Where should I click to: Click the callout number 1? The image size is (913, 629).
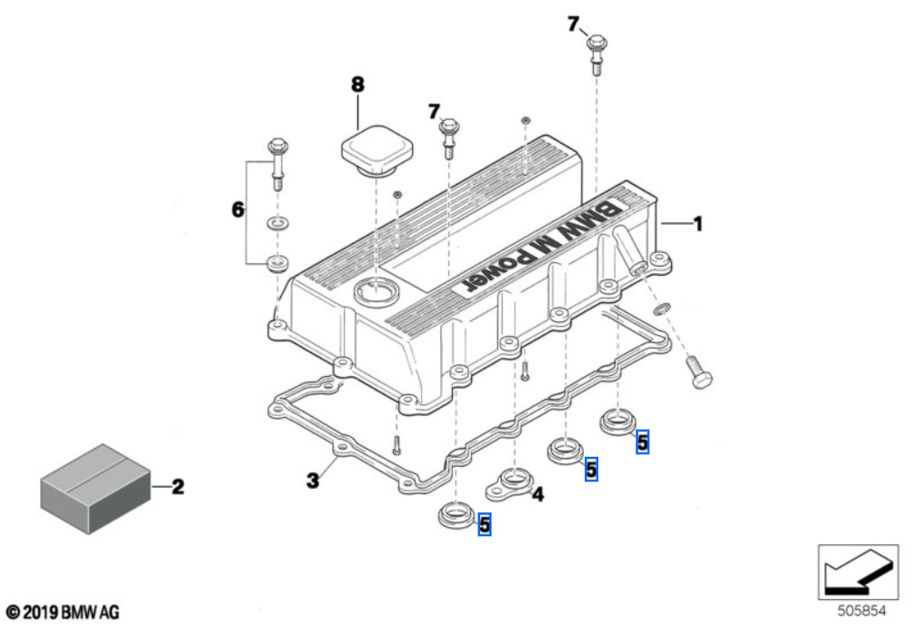(x=697, y=223)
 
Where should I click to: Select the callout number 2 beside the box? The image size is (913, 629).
(x=177, y=488)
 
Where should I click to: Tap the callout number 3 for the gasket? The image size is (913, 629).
(x=312, y=479)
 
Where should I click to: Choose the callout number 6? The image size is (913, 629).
(x=237, y=210)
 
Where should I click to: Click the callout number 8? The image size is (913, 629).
(x=357, y=85)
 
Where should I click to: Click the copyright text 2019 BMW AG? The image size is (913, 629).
(x=62, y=613)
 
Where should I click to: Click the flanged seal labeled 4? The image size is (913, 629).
(x=512, y=483)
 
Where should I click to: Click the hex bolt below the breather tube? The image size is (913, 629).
(x=697, y=373)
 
